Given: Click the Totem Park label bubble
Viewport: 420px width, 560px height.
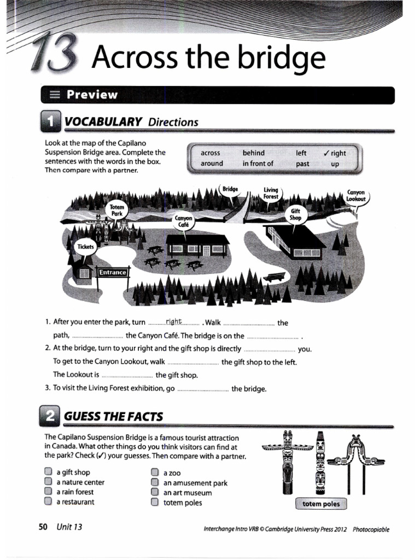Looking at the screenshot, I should (x=118, y=211).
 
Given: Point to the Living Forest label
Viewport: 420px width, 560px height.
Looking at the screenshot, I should (x=271, y=193).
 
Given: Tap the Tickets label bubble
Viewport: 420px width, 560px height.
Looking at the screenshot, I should (x=86, y=247).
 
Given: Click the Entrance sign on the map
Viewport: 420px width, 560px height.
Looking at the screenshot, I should (x=112, y=272).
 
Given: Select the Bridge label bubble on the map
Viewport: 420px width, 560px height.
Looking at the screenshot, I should (x=230, y=189).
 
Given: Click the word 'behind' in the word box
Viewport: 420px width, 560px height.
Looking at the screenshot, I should (x=253, y=153).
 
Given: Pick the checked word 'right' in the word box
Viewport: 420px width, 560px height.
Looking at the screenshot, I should (x=335, y=153).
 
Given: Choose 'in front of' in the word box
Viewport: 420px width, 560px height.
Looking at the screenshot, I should (x=258, y=164).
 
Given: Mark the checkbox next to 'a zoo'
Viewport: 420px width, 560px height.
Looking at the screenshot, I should (x=155, y=472).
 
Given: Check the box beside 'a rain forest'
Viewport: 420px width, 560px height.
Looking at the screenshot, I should (x=48, y=492).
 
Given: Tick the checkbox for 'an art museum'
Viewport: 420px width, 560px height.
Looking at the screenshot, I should (x=155, y=492).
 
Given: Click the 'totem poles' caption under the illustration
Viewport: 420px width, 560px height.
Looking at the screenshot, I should (x=321, y=504).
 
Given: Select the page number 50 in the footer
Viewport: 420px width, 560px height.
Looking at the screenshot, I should (x=43, y=527).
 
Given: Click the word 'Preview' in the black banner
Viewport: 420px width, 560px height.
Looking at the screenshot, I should (x=92, y=95).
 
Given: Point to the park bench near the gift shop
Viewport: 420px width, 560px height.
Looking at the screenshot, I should (x=274, y=277).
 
